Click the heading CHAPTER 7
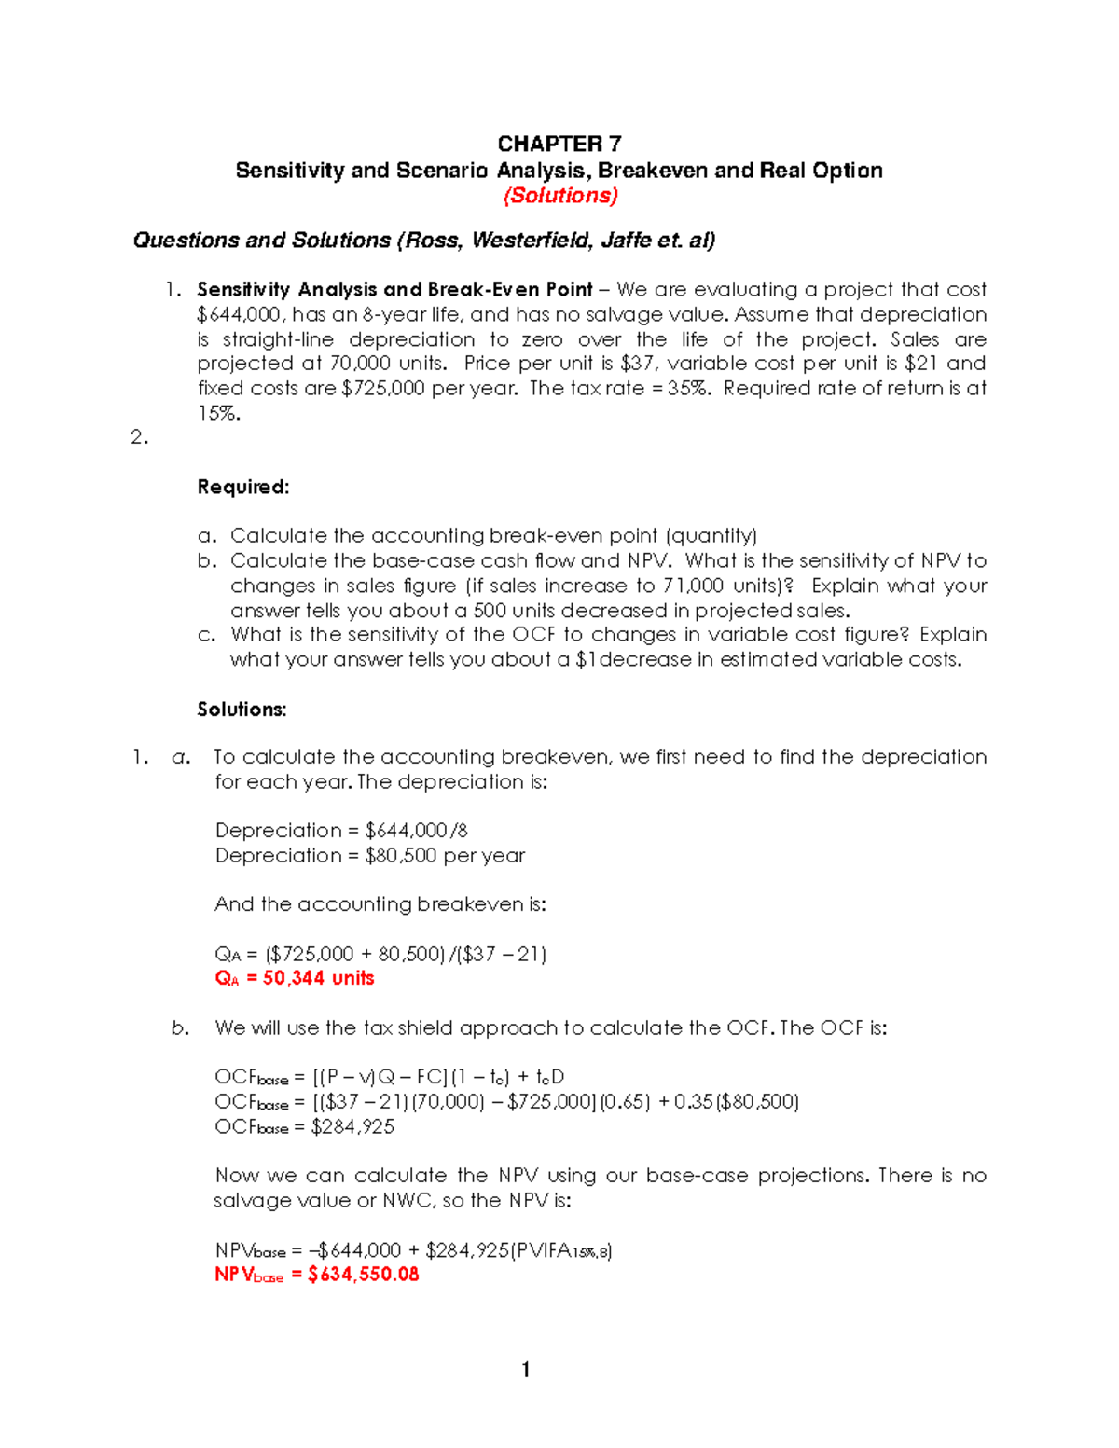click(559, 144)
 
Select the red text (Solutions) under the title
click(559, 196)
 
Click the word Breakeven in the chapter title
click(653, 171)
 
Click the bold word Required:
click(243, 488)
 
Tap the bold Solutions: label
click(242, 710)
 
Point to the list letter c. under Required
click(206, 636)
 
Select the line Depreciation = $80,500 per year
click(370, 856)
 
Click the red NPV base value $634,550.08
click(363, 1275)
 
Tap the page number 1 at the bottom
click(526, 1370)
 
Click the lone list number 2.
click(139, 437)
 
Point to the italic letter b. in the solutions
click(180, 1028)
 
